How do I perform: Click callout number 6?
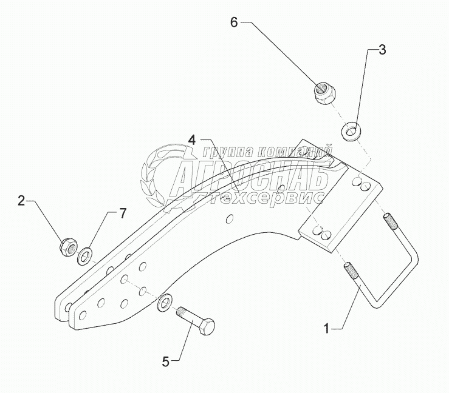[x=235, y=23]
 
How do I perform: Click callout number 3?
[x=382, y=50]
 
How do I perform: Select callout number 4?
[x=191, y=139]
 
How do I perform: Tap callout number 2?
[x=21, y=201]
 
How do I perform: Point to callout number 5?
[x=165, y=363]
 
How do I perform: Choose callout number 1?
[x=327, y=329]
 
